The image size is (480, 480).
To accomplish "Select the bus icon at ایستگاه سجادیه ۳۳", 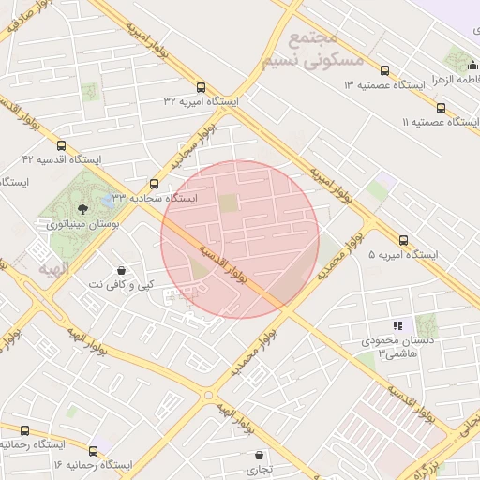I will pos(155,184).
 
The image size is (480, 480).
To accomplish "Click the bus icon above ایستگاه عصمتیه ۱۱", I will pos(441,108).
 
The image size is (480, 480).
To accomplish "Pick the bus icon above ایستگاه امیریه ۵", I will pos(403,240).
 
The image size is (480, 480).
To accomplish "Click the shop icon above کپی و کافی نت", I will pos(122,270).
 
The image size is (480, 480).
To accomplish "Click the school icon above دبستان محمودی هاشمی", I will pos(397,325).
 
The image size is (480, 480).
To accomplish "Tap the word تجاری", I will pos(259,469).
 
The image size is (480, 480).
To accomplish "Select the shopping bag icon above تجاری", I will pos(259,455).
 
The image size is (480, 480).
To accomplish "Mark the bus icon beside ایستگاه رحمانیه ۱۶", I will pos(24,430).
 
